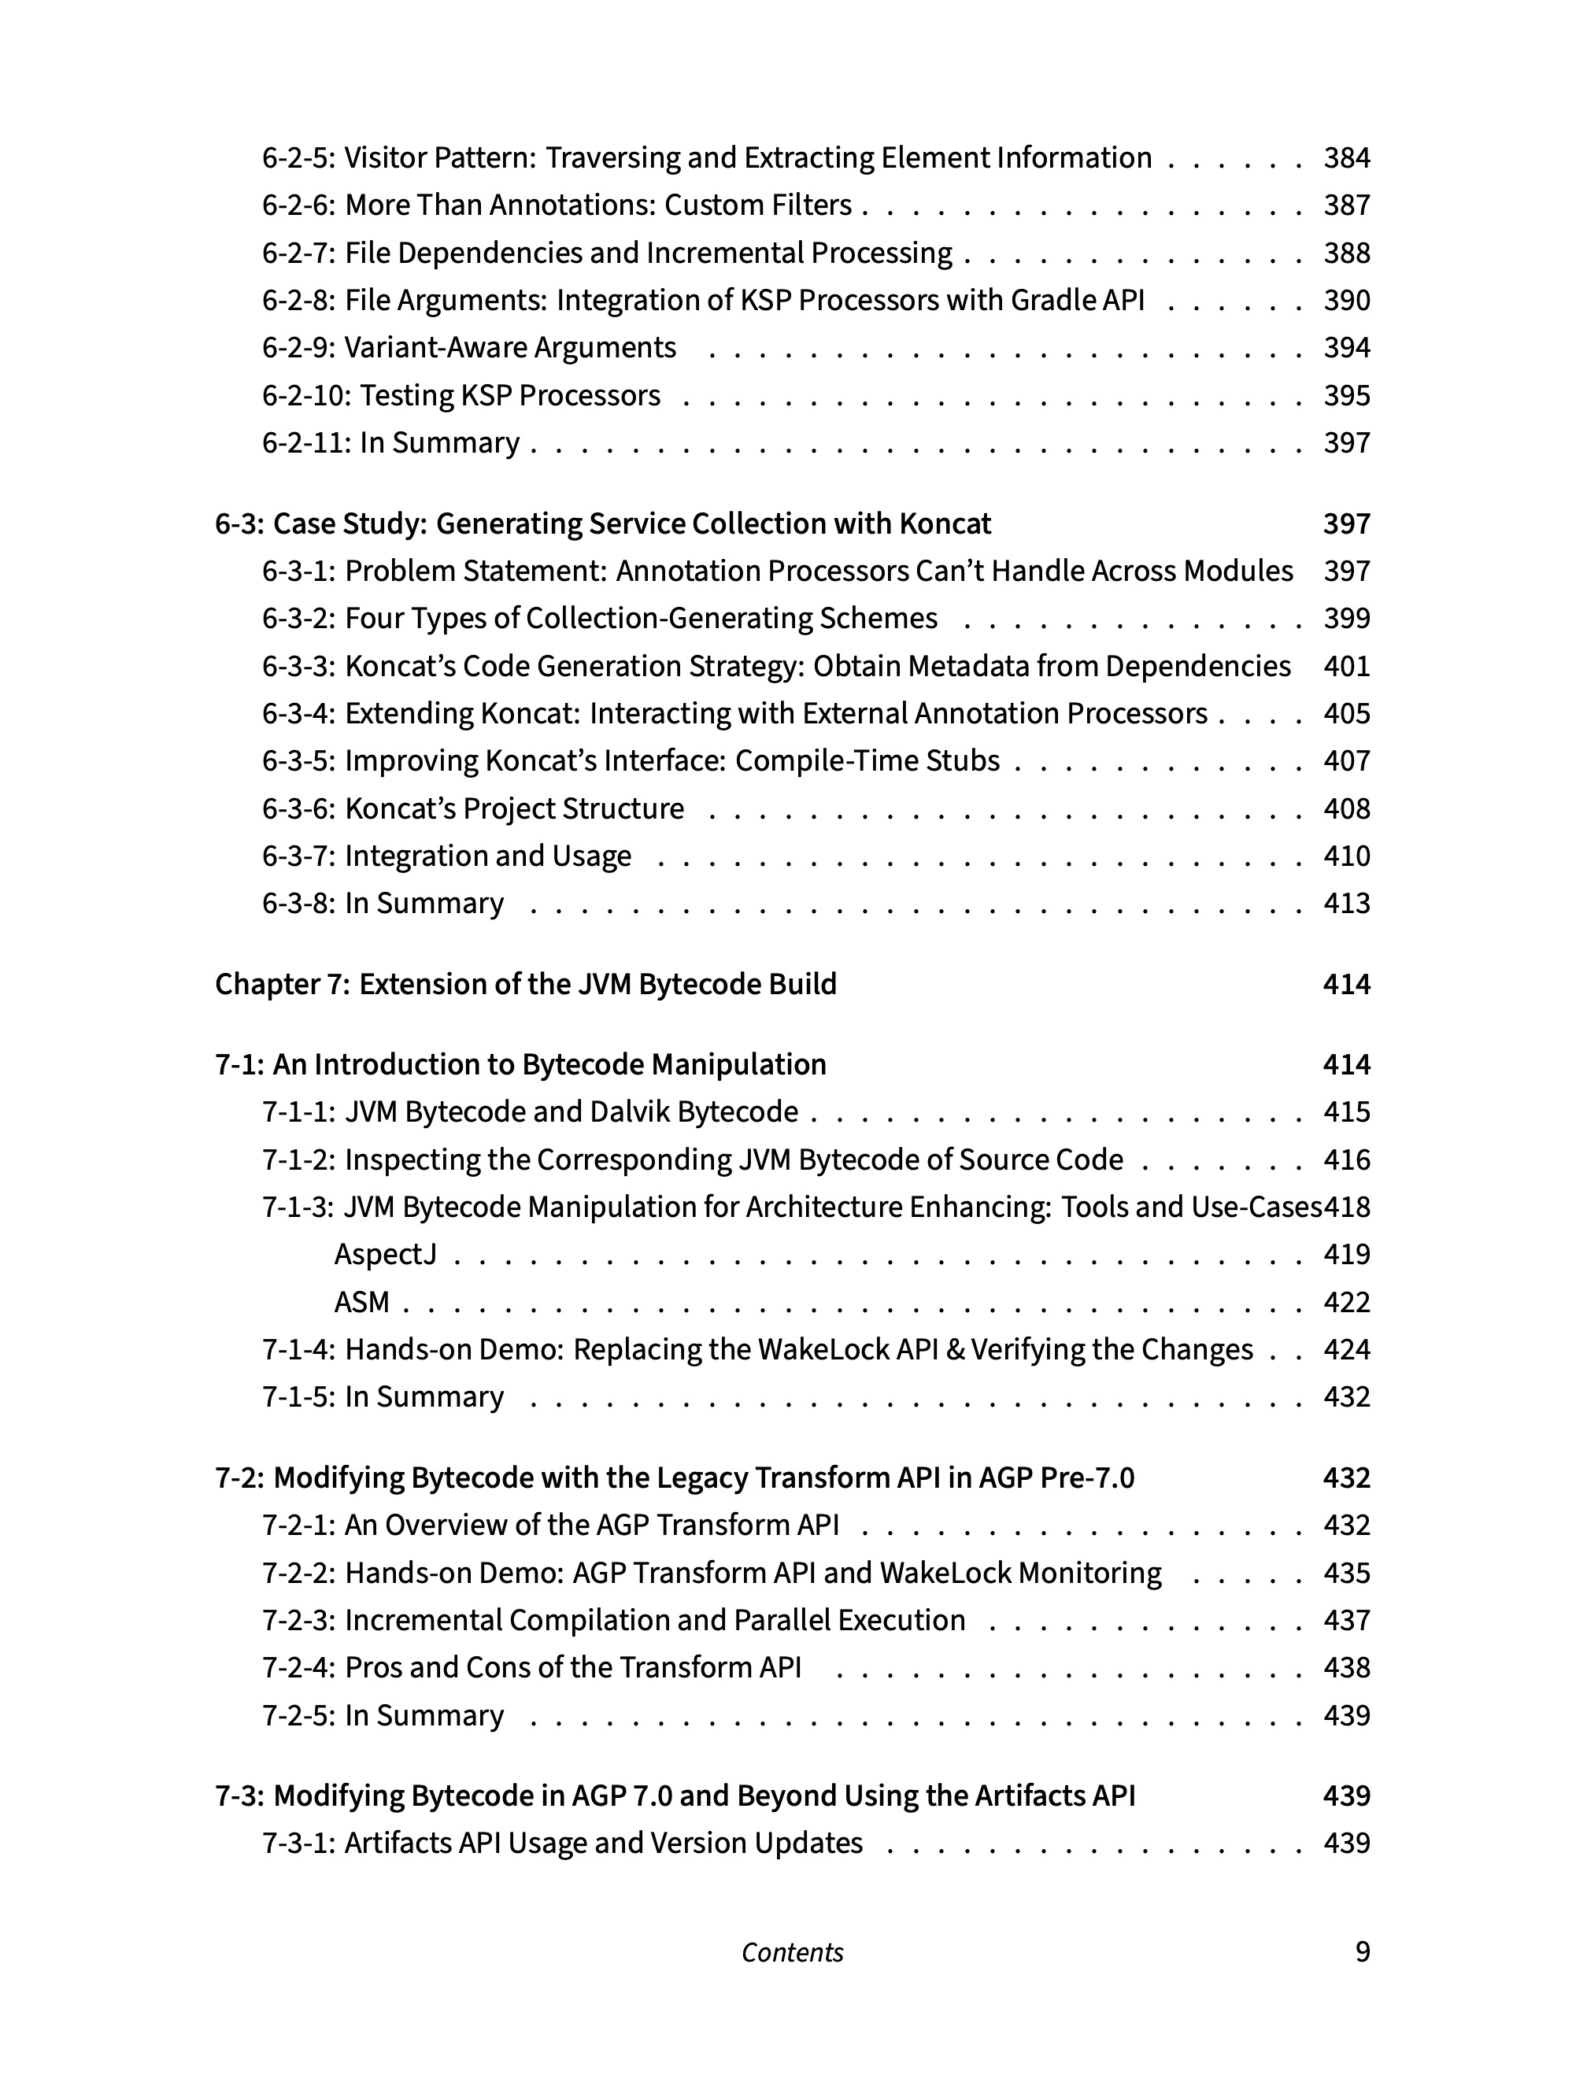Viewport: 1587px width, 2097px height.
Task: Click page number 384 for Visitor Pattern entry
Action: click(x=1346, y=157)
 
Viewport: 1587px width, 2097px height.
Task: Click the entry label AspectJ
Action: click(x=385, y=1254)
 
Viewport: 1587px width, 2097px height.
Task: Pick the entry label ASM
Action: click(x=361, y=1302)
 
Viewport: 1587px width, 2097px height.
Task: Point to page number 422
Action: click(x=1346, y=1302)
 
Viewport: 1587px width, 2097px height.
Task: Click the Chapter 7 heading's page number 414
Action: click(x=1346, y=984)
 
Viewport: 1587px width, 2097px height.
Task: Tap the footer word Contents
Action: click(x=792, y=1952)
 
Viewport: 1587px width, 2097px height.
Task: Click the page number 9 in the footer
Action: click(x=1363, y=1952)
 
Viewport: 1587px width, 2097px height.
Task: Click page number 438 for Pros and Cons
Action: click(x=1346, y=1667)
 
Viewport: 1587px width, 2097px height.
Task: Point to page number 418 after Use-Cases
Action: click(x=1347, y=1207)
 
